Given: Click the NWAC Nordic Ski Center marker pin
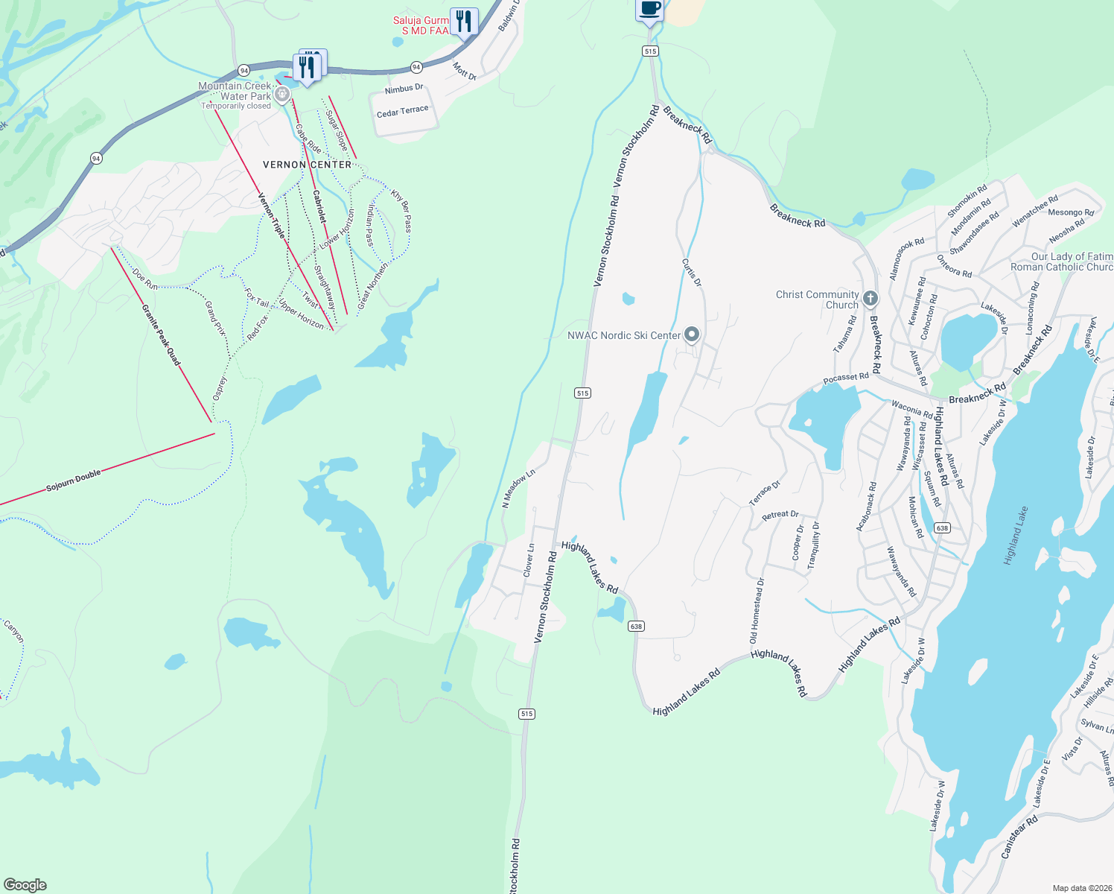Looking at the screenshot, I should [692, 335].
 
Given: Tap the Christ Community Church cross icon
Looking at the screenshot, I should [870, 299].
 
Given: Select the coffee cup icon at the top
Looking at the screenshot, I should [649, 10].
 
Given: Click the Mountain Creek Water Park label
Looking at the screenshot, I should [235, 92].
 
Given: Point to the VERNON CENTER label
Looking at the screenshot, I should [307, 165].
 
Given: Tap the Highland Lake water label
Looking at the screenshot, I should [1015, 536].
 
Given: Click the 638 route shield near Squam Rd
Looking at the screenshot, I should [942, 527].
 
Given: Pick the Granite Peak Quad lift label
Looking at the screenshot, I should [162, 333].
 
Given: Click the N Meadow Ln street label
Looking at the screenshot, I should [518, 489].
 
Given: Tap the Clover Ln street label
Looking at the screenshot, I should [528, 560].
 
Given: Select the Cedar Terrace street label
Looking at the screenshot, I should [402, 112].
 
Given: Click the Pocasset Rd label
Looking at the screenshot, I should [846, 378].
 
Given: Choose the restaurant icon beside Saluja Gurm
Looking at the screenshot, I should [464, 20].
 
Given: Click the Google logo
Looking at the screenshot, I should [25, 884].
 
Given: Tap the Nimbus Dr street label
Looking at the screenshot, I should [404, 89].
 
